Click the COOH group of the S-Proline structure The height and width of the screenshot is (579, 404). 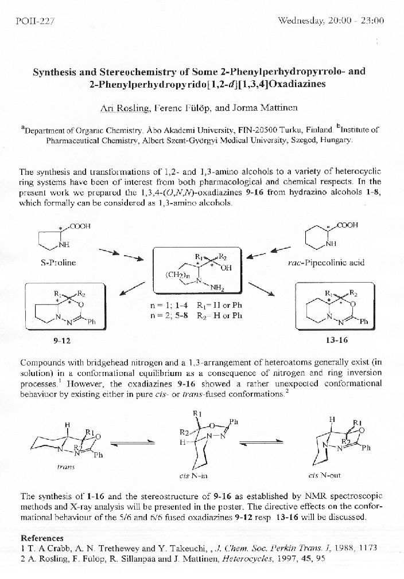[x=81, y=226]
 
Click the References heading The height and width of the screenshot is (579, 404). [x=42, y=538]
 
